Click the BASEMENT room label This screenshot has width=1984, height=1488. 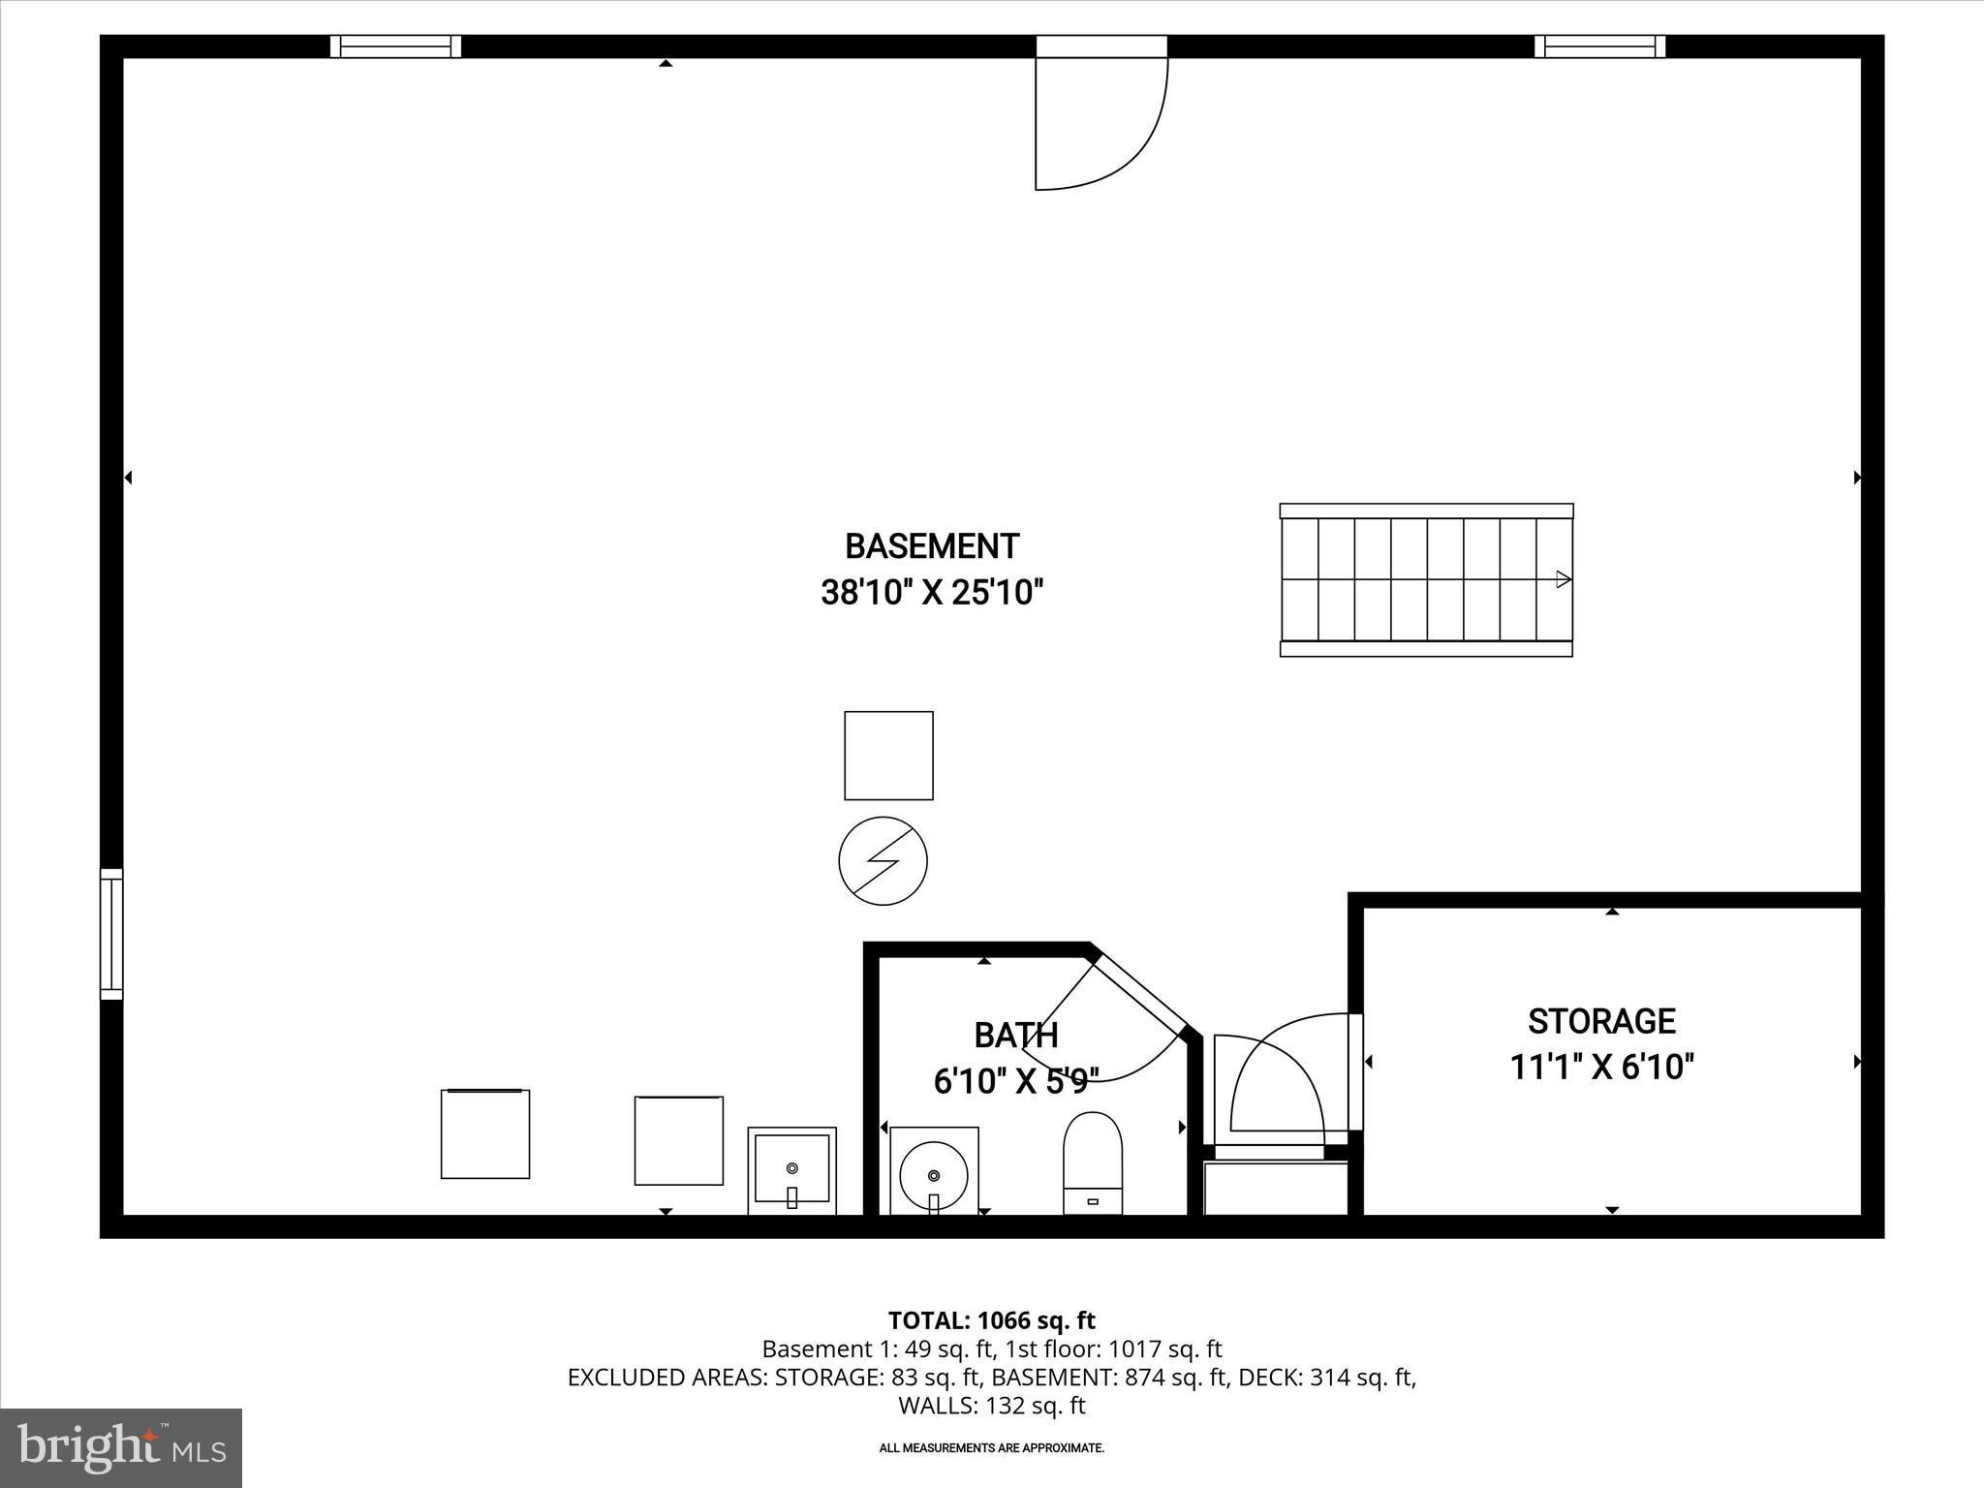coord(932,546)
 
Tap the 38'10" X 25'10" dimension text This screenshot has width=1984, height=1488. coord(932,592)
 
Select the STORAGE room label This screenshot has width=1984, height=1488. coord(1601,1021)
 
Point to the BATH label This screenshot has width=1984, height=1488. coord(1015,1036)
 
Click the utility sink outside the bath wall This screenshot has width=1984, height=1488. coord(791,1170)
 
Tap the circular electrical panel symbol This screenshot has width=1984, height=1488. coord(883,860)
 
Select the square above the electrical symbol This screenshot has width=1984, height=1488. coord(888,756)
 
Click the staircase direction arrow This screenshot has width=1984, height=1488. coord(1563,579)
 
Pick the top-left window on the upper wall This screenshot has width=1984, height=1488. coord(395,46)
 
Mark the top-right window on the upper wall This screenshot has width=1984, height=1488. coord(1599,46)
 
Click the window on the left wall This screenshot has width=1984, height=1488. coord(112,934)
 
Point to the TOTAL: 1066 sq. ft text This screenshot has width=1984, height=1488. coord(991,1320)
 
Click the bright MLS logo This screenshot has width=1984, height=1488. coord(121,1447)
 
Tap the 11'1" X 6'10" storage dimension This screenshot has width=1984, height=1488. coord(1601,1068)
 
